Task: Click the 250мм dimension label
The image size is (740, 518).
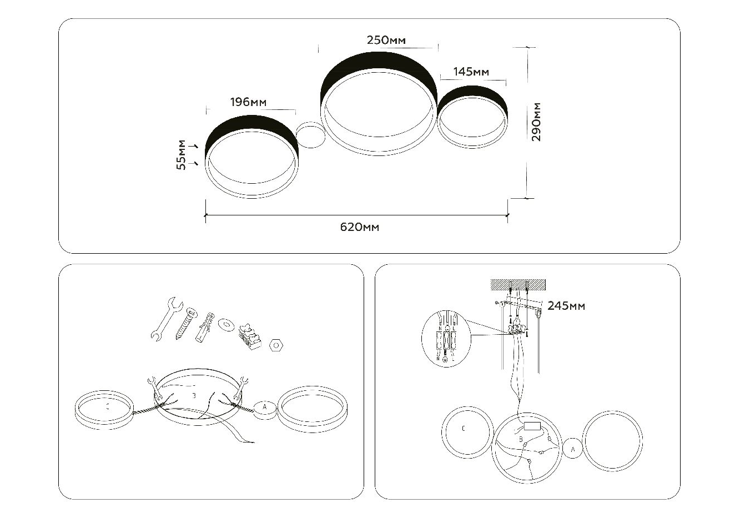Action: (386, 41)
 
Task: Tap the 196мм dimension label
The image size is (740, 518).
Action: (248, 102)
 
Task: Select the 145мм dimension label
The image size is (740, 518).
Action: (471, 72)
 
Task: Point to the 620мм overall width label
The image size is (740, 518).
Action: (360, 227)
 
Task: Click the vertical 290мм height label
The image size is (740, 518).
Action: (536, 122)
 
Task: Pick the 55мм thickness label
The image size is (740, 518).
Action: (182, 155)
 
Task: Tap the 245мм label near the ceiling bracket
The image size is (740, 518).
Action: (566, 306)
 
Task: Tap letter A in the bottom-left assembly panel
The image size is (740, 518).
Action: (265, 408)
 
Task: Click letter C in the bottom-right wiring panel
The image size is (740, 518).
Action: (464, 429)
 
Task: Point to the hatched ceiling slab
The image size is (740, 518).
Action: (518, 284)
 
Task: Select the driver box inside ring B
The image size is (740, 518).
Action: (534, 427)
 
